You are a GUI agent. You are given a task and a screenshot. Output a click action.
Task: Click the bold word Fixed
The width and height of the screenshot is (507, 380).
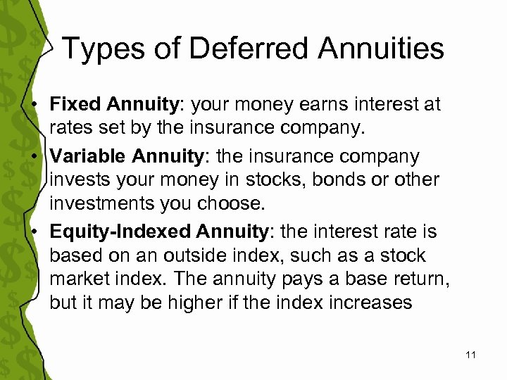point(74,104)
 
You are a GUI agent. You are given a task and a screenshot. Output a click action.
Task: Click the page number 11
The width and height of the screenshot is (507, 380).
point(471,355)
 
